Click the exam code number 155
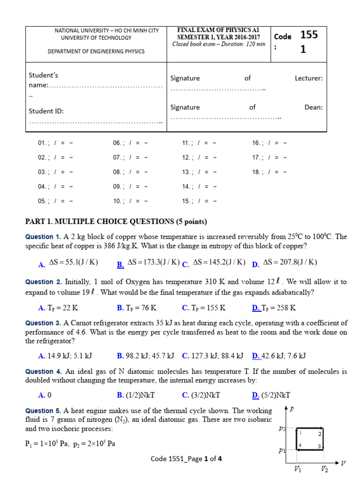pyautogui.click(x=309, y=35)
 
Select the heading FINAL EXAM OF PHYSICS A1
pyautogui.click(x=219, y=30)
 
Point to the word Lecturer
pyautogui.click(x=308, y=78)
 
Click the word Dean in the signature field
pyautogui.click(x=314, y=107)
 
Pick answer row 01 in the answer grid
pyautogui.click(x=55, y=143)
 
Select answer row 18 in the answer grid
pyautogui.click(x=269, y=172)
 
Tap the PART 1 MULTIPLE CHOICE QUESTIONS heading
pyautogui.click(x=116, y=221)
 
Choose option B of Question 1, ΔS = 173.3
pyautogui.click(x=149, y=262)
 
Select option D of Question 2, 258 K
pyautogui.click(x=274, y=308)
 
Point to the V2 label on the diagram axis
pyautogui.click(x=324, y=468)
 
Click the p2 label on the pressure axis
pyautogui.click(x=282, y=428)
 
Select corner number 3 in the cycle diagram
pyautogui.click(x=319, y=446)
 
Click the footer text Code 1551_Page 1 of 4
pyautogui.click(x=186, y=459)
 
